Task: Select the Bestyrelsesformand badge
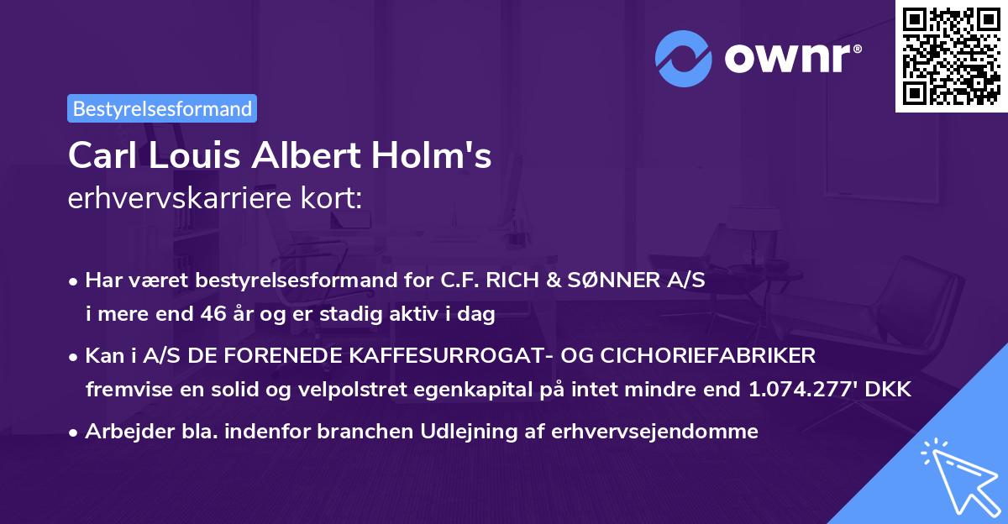pos(162,108)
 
